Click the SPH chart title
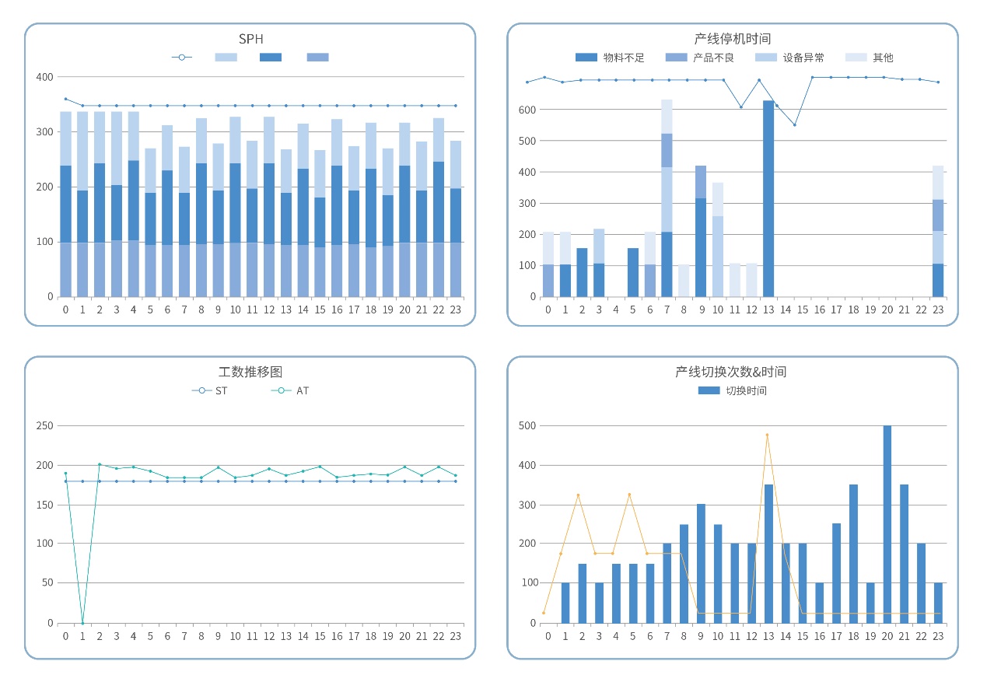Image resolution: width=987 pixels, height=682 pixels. click(x=250, y=39)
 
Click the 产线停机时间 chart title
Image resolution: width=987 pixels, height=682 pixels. click(x=732, y=39)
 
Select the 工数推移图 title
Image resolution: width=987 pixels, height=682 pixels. click(x=250, y=372)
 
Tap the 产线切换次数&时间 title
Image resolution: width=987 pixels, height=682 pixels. click(x=732, y=372)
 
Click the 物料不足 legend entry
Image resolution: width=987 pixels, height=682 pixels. click(x=610, y=58)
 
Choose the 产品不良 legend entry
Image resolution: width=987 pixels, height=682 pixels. click(x=700, y=58)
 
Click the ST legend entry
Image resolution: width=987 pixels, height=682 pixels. click(x=210, y=390)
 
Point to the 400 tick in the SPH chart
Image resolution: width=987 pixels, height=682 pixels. click(x=45, y=77)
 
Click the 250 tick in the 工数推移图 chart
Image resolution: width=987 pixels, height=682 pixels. click(x=45, y=426)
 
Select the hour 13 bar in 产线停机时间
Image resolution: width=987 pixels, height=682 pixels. click(x=768, y=198)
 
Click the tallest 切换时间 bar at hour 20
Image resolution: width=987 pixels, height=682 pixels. click(x=887, y=523)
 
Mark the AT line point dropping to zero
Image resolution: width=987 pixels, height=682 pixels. click(x=82, y=622)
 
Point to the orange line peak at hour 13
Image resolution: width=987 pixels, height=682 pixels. click(x=767, y=435)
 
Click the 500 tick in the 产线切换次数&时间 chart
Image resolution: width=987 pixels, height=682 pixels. click(x=528, y=426)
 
